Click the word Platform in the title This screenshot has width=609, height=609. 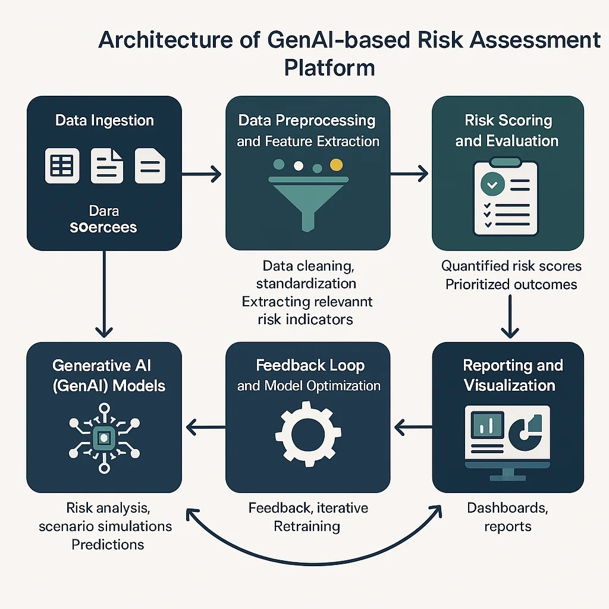point(329,67)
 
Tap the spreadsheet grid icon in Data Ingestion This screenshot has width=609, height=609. point(61,165)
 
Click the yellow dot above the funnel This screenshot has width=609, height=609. point(337,165)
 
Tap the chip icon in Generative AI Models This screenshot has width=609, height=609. point(104,438)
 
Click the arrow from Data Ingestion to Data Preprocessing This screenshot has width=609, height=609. point(201,174)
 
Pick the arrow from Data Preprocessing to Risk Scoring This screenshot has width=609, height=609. point(409,174)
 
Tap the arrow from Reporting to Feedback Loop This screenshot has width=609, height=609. point(412,426)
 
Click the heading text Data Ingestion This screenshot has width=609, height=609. point(105,121)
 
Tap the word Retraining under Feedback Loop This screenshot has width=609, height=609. point(307,526)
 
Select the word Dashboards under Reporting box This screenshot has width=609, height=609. point(507,508)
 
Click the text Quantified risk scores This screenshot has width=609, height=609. point(511,266)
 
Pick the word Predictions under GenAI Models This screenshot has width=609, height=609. point(108,544)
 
